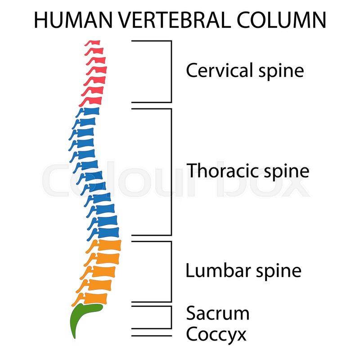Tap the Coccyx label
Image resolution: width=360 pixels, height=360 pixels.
(216, 334)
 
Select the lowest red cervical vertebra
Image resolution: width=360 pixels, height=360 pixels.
(94, 99)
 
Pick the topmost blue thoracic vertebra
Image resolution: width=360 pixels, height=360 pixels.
(88, 112)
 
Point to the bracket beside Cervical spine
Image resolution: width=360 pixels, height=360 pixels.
(171, 71)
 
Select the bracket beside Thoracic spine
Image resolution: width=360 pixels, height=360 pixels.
(171, 171)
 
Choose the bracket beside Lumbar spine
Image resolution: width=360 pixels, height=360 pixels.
(171, 271)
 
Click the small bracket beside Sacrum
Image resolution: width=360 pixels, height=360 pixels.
(171, 317)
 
